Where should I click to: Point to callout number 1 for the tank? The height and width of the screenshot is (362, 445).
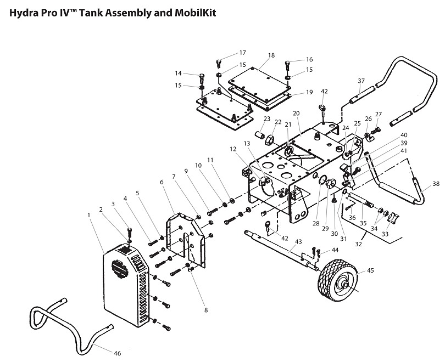coord(89,214)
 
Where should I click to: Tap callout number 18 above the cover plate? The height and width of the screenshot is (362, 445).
coord(271,56)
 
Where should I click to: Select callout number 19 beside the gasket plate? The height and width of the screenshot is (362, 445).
coord(309,92)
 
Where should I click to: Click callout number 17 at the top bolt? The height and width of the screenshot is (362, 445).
coord(242,53)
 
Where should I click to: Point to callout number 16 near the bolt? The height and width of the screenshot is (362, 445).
coord(309,59)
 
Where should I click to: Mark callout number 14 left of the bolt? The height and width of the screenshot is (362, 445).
coord(179,73)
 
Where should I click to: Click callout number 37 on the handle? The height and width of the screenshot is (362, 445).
coord(361,81)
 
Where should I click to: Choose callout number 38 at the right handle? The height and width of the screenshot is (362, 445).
coord(436,184)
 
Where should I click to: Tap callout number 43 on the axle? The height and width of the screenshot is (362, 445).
coord(299,242)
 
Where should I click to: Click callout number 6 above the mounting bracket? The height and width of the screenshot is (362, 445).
coord(162,182)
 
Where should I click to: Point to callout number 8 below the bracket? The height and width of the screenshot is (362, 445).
coord(206,310)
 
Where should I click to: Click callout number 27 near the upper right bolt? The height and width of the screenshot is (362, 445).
coord(378,115)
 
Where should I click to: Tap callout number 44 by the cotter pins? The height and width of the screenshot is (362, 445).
coord(335,250)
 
